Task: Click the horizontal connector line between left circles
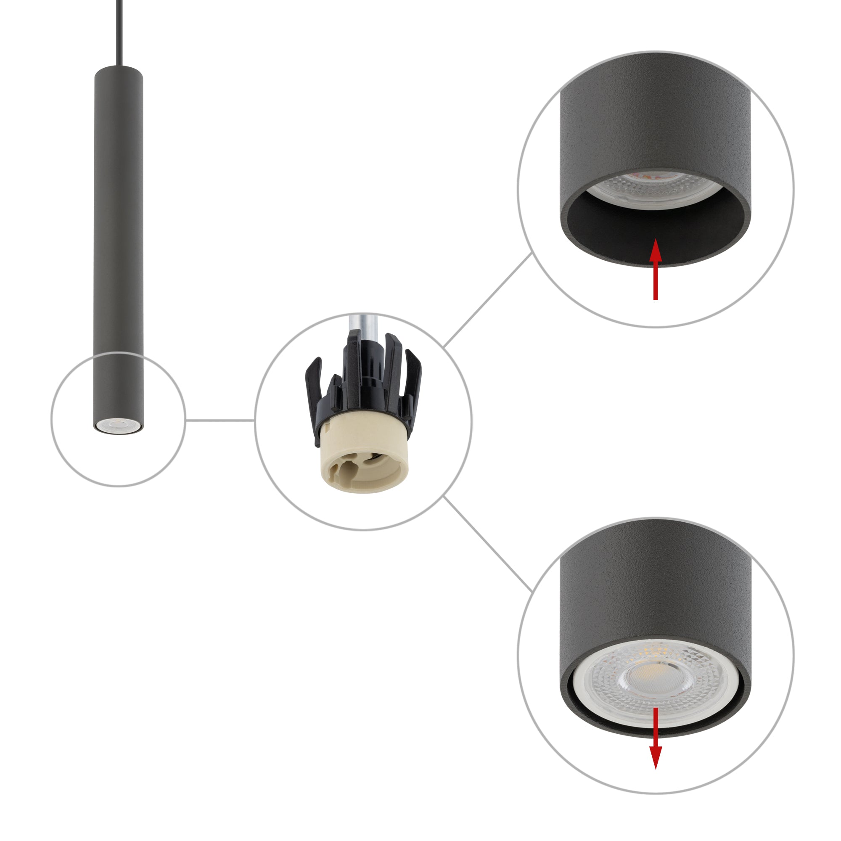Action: [220, 420]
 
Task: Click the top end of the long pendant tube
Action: [119, 70]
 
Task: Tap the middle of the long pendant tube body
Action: [119, 244]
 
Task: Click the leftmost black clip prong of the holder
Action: [312, 383]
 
